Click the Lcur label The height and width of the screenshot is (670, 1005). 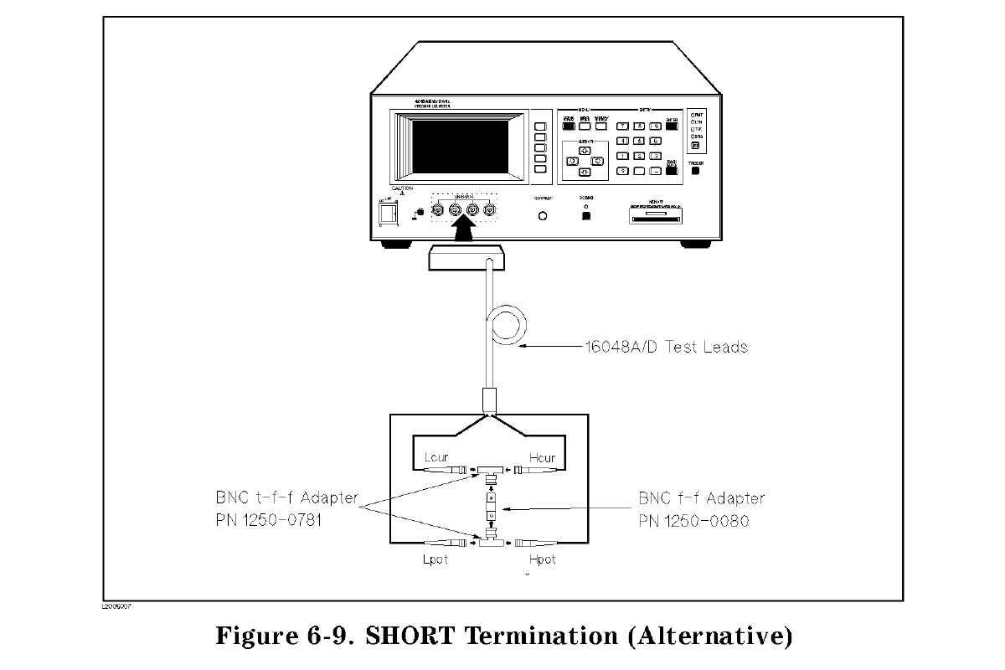(x=436, y=458)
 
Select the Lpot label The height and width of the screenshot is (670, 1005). (x=435, y=559)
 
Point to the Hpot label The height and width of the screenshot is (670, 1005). (x=543, y=559)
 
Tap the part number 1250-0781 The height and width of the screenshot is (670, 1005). (x=286, y=521)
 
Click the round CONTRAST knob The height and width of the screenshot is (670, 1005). (x=544, y=216)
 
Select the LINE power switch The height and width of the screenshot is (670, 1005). (x=389, y=215)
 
